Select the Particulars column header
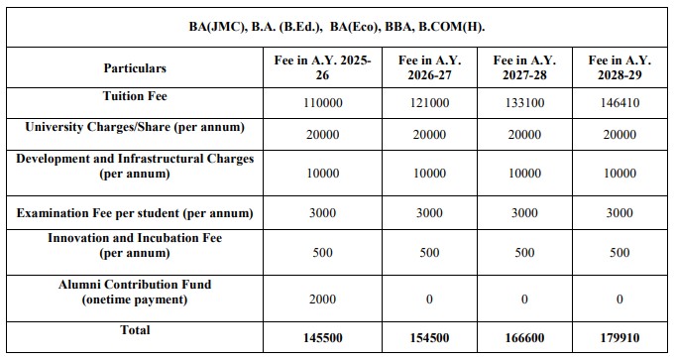pos(135,68)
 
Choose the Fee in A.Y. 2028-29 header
pos(620,67)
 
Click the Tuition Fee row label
pos(135,97)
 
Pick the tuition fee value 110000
pos(323,103)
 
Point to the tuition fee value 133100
pos(523,103)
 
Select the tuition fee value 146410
pos(620,103)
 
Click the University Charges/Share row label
pos(135,128)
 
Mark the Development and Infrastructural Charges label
pos(135,166)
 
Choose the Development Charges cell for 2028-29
pos(620,174)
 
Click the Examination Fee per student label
pos(135,213)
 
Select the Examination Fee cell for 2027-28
pos(523,213)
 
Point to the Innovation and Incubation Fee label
pos(135,245)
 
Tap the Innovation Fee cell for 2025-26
pos(323,253)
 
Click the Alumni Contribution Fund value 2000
pos(323,299)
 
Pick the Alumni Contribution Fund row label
pos(135,292)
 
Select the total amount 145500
pos(323,338)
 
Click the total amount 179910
pos(620,338)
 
